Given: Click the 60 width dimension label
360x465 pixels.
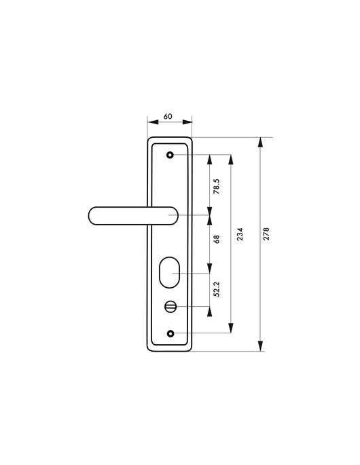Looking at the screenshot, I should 168,116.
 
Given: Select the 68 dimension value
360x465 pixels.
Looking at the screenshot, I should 217,238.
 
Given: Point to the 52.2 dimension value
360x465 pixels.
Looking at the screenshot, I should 217,291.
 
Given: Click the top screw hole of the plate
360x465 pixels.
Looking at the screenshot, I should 170,155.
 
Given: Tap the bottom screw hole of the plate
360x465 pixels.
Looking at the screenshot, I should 170,333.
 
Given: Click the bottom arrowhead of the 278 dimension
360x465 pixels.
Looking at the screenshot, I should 260,347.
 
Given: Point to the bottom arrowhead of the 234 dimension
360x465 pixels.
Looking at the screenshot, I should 232,330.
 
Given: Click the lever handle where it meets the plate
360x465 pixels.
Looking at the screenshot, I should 151,216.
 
